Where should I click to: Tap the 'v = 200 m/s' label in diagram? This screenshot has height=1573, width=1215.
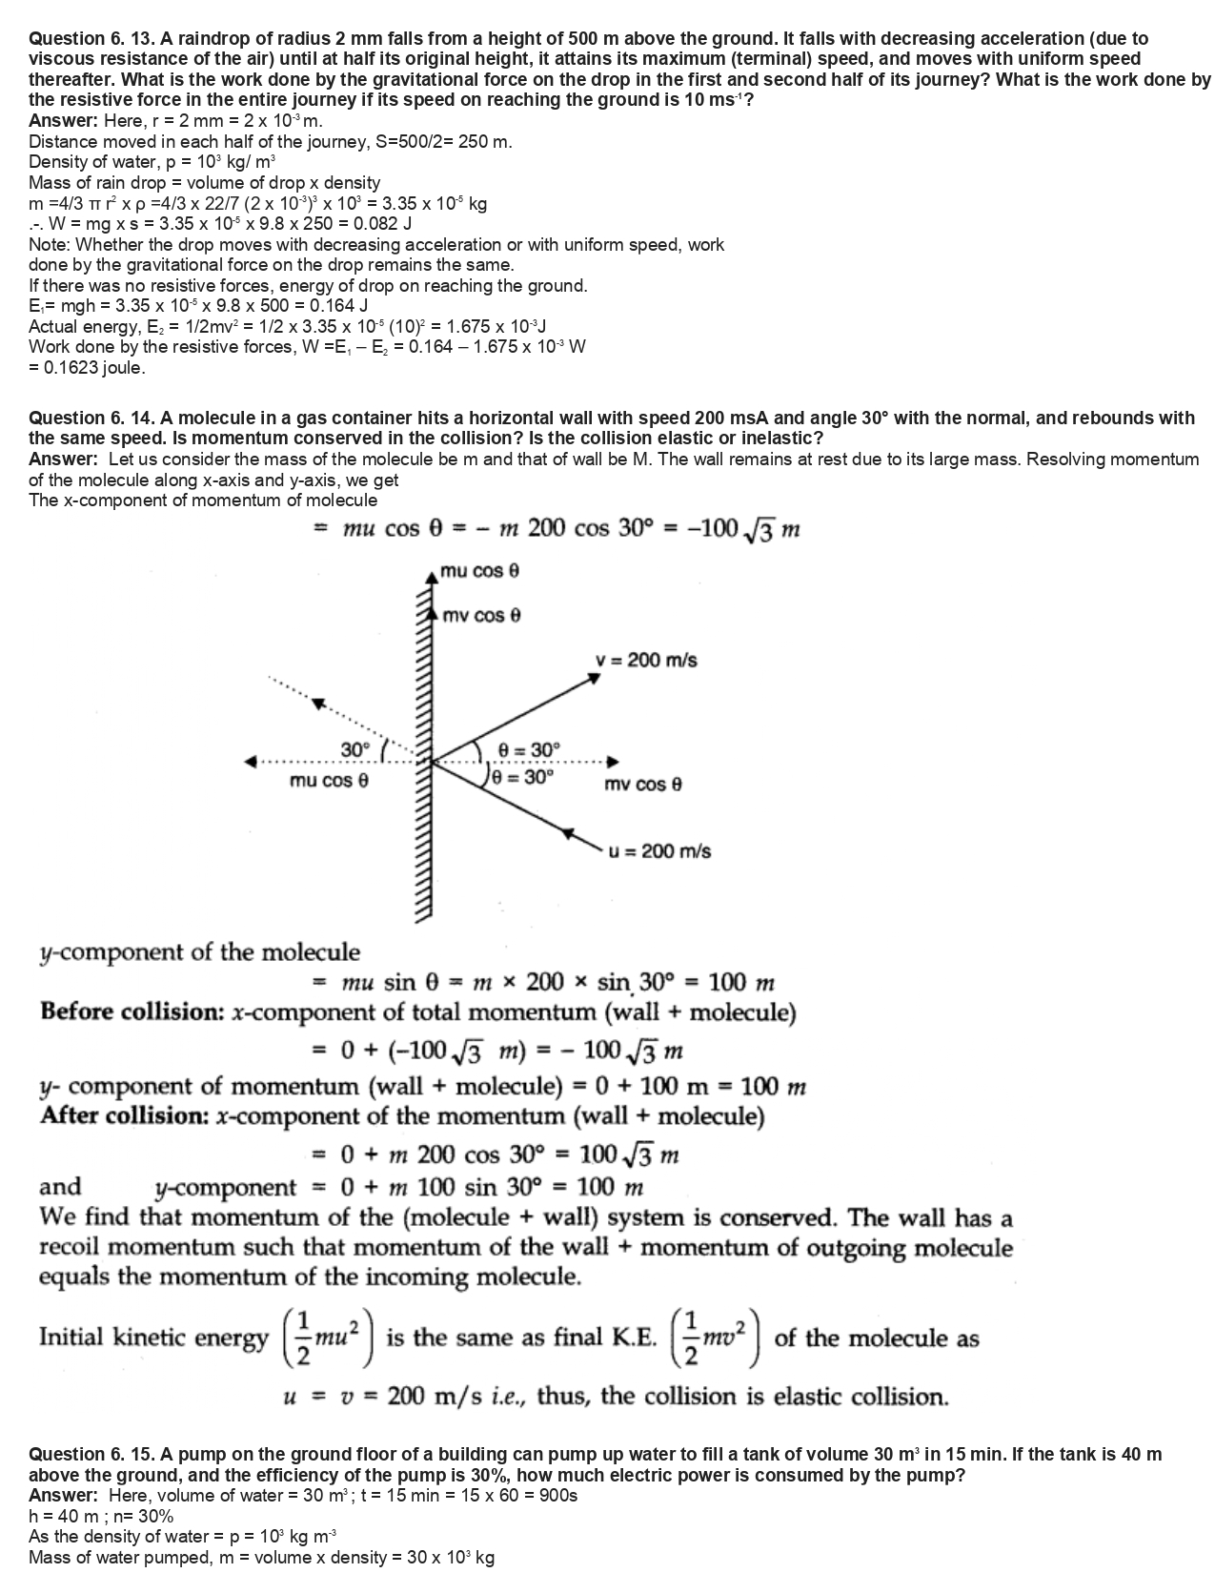(645, 660)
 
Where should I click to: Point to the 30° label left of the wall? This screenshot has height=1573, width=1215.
(355, 749)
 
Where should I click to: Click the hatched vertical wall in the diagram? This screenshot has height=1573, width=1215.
(423, 744)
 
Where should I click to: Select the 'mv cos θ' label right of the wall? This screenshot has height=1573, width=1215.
(643, 785)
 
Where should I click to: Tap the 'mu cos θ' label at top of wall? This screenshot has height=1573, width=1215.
(479, 571)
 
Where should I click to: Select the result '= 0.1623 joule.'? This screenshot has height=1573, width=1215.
(87, 367)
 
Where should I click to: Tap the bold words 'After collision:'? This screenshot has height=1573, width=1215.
(125, 1115)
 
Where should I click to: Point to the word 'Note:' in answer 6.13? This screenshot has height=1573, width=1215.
(49, 245)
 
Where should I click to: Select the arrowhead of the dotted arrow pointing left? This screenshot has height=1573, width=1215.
(251, 761)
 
